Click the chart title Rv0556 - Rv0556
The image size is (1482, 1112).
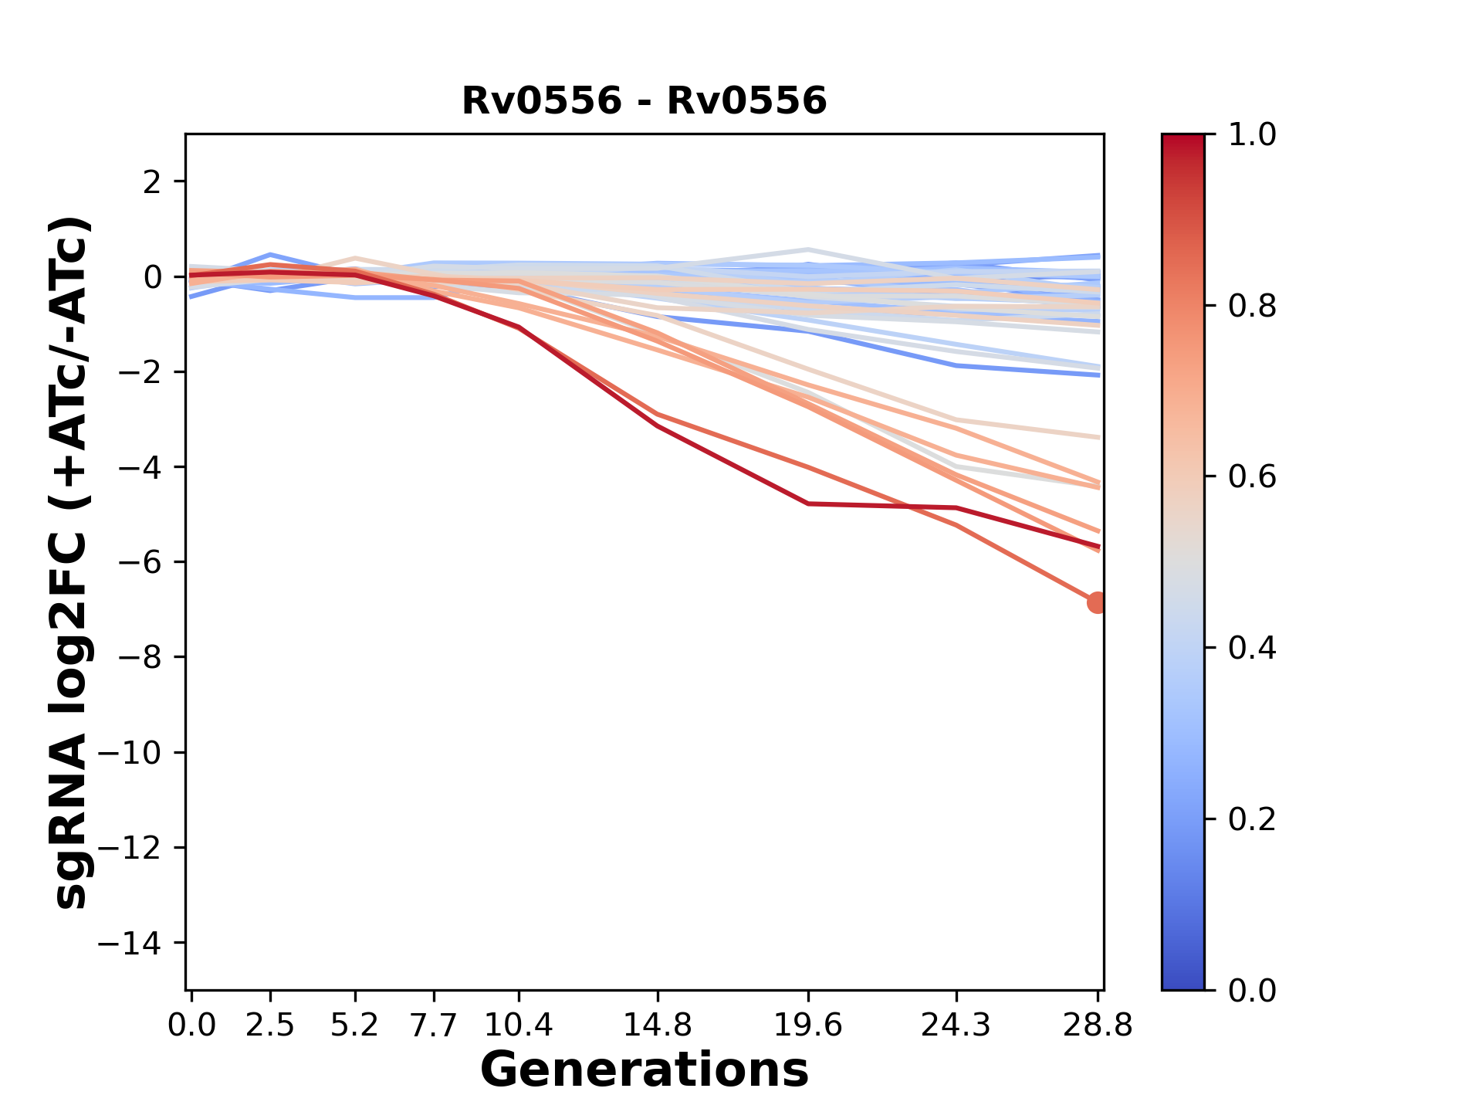[644, 101]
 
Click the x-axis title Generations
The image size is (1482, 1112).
[644, 1070]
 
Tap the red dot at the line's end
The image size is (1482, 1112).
[1097, 602]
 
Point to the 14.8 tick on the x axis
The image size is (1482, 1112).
[657, 1026]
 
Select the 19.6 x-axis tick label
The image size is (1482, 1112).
[808, 1026]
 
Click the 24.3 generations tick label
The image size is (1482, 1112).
[956, 1026]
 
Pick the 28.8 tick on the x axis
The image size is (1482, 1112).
[1098, 1026]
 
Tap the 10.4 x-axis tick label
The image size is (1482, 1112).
[519, 1026]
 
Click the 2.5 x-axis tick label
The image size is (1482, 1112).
[270, 1026]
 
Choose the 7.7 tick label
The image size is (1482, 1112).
[435, 1026]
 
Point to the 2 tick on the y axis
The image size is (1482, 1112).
[153, 182]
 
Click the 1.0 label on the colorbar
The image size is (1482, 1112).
[1252, 135]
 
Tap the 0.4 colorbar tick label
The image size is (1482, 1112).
[1252, 648]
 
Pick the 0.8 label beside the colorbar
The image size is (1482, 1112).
[1252, 307]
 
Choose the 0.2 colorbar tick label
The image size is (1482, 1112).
[1252, 819]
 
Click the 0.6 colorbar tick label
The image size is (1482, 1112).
[1252, 477]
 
